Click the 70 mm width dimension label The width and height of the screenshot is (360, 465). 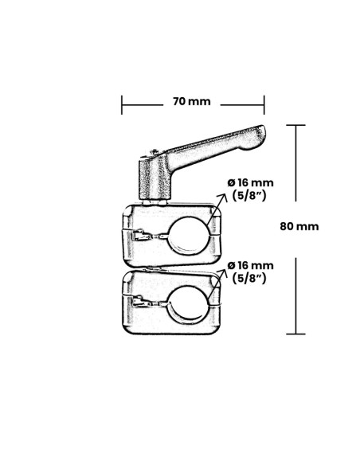coord(191,102)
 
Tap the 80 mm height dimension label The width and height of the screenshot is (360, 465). coord(299,226)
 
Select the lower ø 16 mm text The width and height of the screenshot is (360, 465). coord(250,264)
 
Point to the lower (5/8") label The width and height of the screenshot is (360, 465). coord(250,278)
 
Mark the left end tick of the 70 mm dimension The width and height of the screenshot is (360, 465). coord(122,104)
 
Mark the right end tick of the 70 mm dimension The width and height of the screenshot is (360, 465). coord(264,104)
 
